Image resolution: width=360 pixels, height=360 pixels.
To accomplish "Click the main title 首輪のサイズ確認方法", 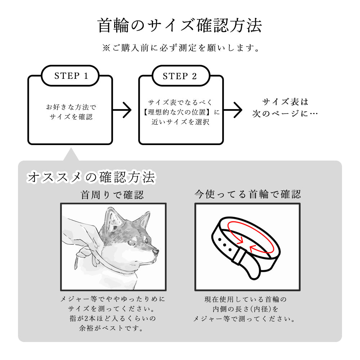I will [x=180, y=26].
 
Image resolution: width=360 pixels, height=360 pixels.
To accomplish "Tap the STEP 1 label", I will [x=71, y=76].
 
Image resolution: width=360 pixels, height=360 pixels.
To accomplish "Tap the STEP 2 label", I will [x=180, y=76].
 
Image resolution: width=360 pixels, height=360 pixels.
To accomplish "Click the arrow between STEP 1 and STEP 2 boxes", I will [x=122, y=110].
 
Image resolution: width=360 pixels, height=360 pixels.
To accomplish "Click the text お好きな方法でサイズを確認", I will [x=71, y=112].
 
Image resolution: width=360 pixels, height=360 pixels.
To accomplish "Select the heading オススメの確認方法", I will [x=91, y=177].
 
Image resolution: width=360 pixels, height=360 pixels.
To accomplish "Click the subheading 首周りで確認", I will [x=112, y=195].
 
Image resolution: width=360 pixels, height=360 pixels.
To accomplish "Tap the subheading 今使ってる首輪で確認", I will [x=247, y=195].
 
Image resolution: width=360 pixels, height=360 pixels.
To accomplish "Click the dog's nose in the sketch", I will [x=156, y=251].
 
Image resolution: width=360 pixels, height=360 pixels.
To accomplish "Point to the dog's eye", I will [x=145, y=239].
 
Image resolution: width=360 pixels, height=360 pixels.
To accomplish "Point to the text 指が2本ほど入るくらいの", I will [x=112, y=319].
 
